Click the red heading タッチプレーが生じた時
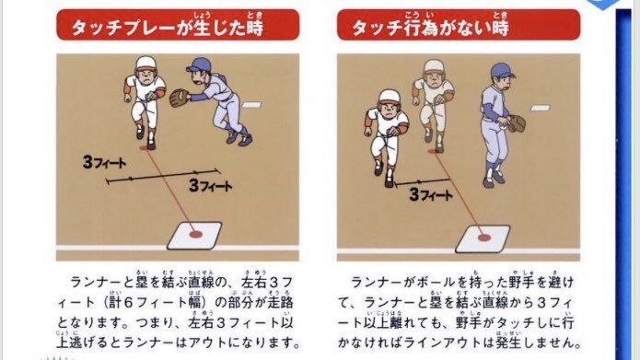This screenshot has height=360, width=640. click(168, 28)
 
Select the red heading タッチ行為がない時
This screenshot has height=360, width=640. click(430, 28)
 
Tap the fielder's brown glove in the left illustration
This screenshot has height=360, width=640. click(179, 98)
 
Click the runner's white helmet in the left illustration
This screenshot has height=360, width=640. click(146, 64)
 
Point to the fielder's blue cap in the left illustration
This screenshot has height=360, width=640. click(199, 64)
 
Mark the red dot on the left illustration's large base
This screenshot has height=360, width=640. click(196, 235)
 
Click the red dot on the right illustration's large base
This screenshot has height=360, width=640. click(484, 238)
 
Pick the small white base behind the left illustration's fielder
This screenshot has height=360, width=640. click(251, 105)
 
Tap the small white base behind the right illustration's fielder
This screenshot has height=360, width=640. click(541, 108)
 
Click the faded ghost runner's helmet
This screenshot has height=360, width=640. click(434, 66)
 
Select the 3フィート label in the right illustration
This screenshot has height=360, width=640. click(431, 194)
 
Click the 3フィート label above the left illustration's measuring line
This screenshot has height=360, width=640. click(104, 162)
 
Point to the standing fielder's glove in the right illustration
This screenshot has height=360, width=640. click(517, 123)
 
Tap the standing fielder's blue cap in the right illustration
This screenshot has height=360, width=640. click(502, 71)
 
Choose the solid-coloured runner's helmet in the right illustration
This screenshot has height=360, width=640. click(390, 97)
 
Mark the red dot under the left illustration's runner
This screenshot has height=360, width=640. click(145, 147)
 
